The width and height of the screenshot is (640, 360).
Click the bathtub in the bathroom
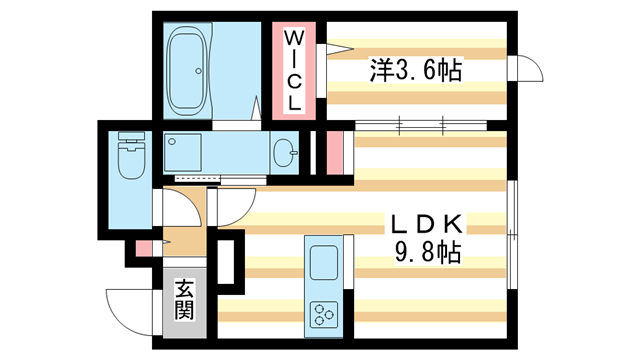pos(187,71)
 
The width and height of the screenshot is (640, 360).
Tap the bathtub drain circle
pos(198,71)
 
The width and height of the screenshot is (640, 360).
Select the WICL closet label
pos(293,71)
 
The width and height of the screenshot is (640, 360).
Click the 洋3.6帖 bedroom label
pos(416,70)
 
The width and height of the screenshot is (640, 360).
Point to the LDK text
pos(427,224)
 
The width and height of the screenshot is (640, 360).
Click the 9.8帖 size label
pos(427,252)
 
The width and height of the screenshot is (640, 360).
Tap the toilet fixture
pos(131,155)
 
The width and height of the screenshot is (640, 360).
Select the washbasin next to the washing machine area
pos(284,153)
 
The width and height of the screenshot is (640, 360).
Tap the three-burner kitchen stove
pos(324,314)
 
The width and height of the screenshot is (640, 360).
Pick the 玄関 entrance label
pos(184,300)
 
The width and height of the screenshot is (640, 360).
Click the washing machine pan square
pos(182,152)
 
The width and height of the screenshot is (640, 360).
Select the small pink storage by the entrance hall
pos(143,249)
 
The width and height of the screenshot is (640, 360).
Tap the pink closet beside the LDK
pos(335,153)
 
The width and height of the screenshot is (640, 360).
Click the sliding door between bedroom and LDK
pos(421,125)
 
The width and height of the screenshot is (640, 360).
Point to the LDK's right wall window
pos(512,235)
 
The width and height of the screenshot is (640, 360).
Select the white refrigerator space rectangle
pos(226,262)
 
